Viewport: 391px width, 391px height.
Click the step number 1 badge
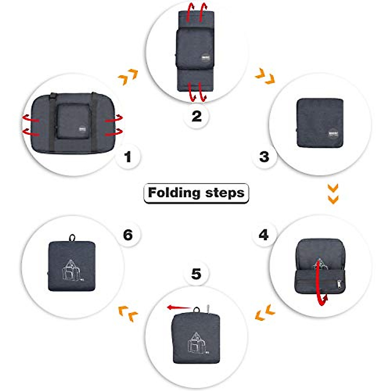[x=128, y=157]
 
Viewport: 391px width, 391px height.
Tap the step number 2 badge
[x=196, y=116]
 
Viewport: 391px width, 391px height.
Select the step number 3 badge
[x=264, y=157]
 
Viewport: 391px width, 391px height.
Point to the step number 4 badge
[x=263, y=235]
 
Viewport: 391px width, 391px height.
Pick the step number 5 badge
[x=196, y=274]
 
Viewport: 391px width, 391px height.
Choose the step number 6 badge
[x=128, y=235]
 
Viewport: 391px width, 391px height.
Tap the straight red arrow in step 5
[x=179, y=307]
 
